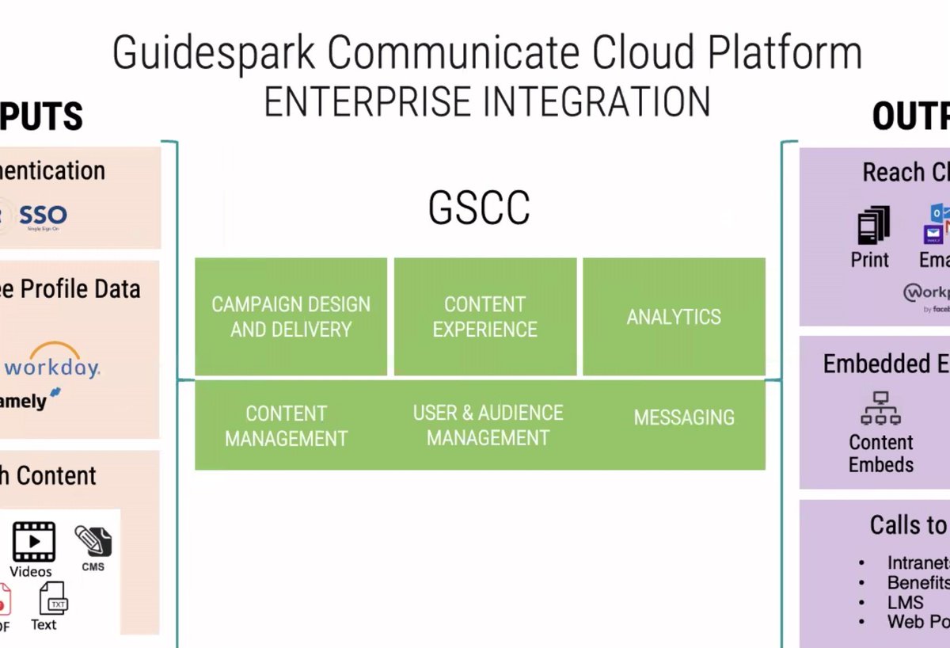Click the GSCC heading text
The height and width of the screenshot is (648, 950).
coord(479,208)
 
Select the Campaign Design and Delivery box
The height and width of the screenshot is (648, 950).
coord(291,317)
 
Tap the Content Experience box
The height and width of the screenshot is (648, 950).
coord(484,317)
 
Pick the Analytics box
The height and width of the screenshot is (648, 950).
coord(674,317)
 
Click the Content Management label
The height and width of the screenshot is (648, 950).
coord(286,425)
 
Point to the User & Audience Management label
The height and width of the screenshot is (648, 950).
coord(488,425)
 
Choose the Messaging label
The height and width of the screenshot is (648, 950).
coord(684,417)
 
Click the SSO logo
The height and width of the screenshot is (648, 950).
coord(43,215)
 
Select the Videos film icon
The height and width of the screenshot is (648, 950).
coord(33,542)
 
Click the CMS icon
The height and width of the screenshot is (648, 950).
coord(93,542)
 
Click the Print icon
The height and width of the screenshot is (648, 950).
coord(873,226)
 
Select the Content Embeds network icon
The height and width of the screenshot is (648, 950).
coord(880,409)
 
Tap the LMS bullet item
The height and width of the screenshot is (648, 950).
coord(905,602)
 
